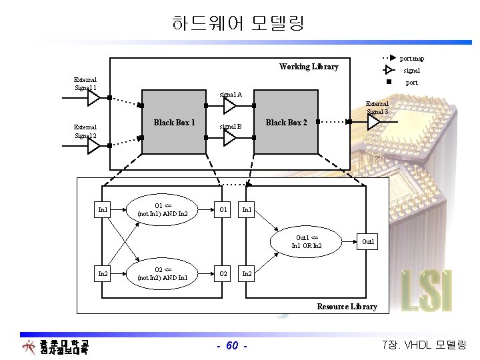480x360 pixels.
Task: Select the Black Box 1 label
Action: tap(174, 123)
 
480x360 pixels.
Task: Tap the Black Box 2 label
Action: tap(286, 123)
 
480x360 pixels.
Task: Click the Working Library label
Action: tap(309, 67)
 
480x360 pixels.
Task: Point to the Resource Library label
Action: tap(347, 307)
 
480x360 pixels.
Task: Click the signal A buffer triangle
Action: tap(230, 106)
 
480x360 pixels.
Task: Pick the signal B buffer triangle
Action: tap(230, 138)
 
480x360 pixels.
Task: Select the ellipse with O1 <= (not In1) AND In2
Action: tap(162, 210)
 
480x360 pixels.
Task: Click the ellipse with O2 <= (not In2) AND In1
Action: tap(162, 273)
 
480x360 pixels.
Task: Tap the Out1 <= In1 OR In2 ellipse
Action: tap(306, 241)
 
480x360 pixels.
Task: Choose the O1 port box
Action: tap(223, 210)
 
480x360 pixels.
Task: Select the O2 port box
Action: tap(223, 273)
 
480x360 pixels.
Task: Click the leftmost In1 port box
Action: tap(103, 210)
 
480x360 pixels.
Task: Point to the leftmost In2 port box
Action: tap(103, 273)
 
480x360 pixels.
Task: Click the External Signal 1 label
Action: tap(85, 84)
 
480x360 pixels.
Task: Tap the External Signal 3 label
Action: tap(377, 107)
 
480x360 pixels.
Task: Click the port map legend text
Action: tap(411, 59)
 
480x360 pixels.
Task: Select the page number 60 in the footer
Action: tap(233, 345)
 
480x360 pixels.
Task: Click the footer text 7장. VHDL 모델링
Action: tap(425, 345)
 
